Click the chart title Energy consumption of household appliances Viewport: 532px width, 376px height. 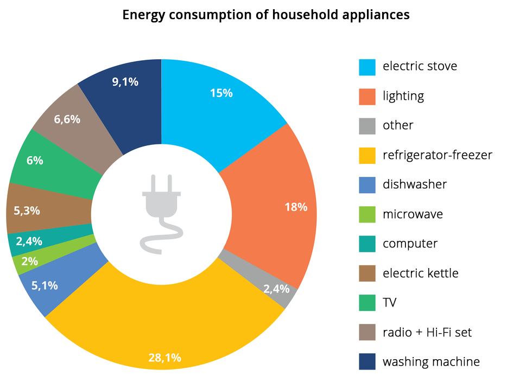click(265, 15)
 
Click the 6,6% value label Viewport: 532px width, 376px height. click(67, 119)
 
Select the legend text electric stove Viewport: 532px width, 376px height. click(420, 66)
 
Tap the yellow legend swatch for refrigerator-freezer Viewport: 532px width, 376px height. click(368, 155)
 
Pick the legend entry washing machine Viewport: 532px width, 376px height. click(431, 361)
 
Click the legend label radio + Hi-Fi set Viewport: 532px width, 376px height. click(427, 332)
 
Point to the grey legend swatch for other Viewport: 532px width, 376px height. click(368, 125)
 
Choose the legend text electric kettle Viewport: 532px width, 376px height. click(420, 273)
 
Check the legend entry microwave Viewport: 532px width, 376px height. click(413, 214)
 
